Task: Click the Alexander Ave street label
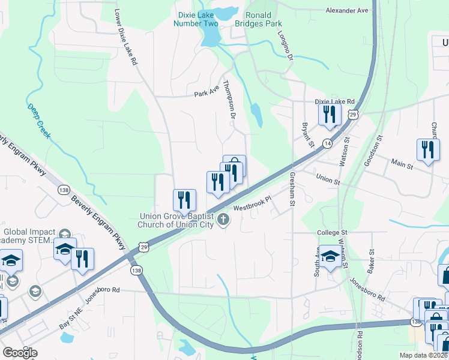346,11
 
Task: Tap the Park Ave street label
207,93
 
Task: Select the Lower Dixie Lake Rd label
126,37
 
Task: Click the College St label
333,232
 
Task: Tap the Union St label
328,179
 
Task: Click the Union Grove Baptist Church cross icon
223,219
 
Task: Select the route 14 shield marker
327,143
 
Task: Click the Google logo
20,353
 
